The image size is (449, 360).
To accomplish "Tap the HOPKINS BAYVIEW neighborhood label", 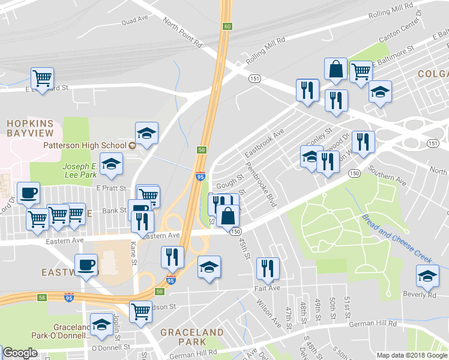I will (x=30, y=127).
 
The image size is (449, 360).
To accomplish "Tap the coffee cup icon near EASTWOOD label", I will (x=86, y=265).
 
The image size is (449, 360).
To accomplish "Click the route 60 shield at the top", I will (x=226, y=26).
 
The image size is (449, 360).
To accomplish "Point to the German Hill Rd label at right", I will (x=375, y=324).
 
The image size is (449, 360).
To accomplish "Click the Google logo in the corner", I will (x=20, y=353).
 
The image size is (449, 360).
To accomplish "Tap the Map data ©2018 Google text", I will (x=411, y=355).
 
